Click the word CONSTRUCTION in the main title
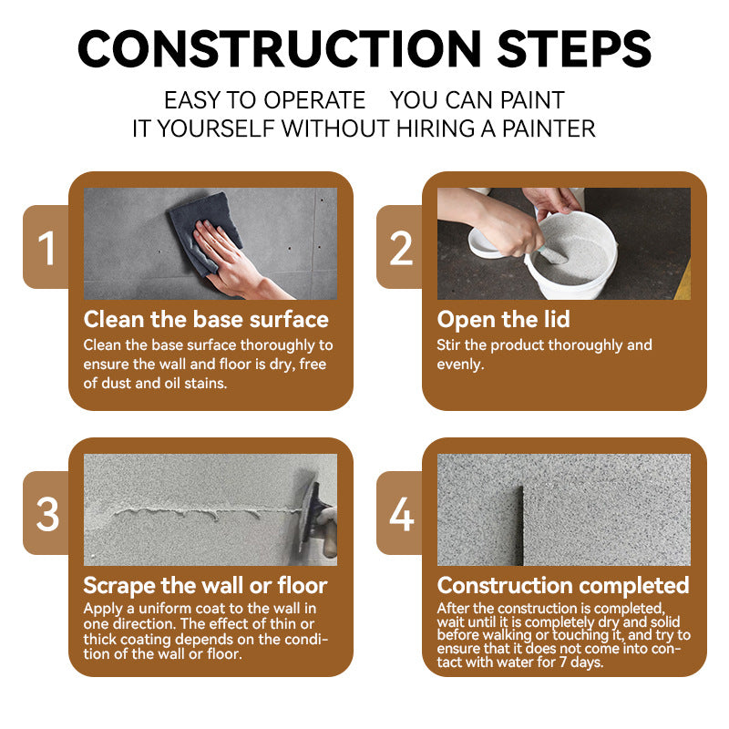pos(280,49)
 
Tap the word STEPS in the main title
pos(575,49)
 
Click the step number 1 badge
pos(46,247)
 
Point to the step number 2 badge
pos(400,247)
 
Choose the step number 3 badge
pos(46,513)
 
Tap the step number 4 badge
pos(400,513)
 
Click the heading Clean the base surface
pos(206,320)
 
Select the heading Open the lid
pos(504,320)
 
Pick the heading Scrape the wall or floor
pos(206,585)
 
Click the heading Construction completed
pos(563,585)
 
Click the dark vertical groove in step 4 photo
pos(519,526)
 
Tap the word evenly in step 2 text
pos(460,364)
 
